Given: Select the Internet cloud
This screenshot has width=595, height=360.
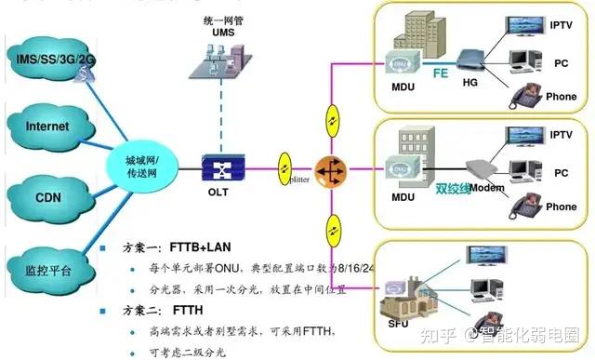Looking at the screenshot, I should pos(48,127).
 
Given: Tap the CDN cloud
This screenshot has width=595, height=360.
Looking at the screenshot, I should pos(48,196).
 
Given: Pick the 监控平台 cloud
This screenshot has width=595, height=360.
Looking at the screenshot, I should pos(48,270).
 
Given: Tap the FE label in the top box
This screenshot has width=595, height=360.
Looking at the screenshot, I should pos(443,69).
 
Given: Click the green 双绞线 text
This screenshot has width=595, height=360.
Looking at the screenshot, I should pos(452,187).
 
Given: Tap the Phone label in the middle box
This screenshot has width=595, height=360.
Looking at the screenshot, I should pos(561,207).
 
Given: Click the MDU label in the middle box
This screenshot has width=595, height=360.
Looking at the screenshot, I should pos(403,197).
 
